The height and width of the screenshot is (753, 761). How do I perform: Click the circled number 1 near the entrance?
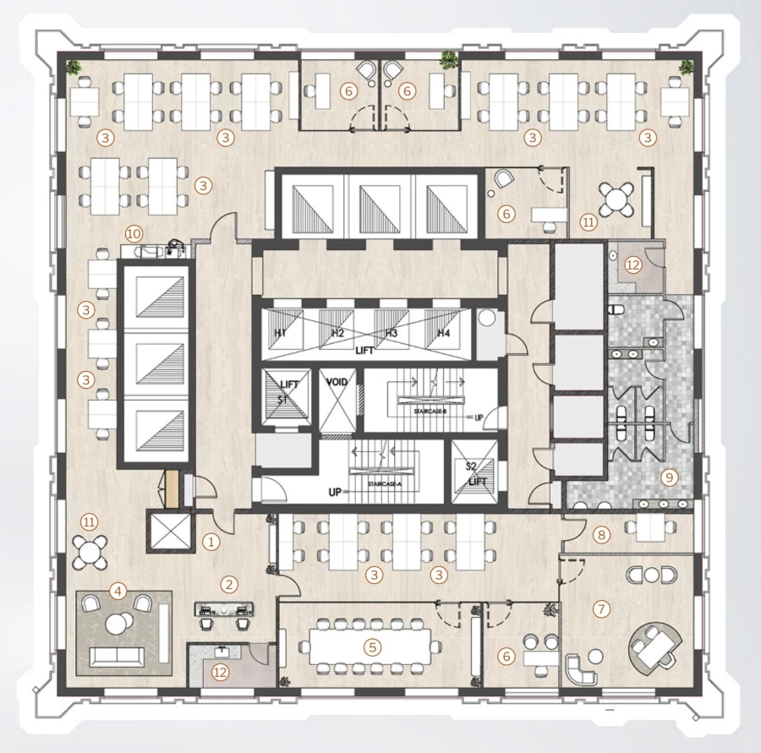pyautogui.click(x=212, y=538)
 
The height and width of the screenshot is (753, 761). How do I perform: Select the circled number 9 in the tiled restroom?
pyautogui.click(x=670, y=477)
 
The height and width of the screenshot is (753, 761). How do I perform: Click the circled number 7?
pyautogui.click(x=602, y=608)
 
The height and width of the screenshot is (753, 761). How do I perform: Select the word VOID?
pyautogui.click(x=337, y=383)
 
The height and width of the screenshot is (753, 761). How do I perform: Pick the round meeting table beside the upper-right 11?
pyautogui.click(x=616, y=199)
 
